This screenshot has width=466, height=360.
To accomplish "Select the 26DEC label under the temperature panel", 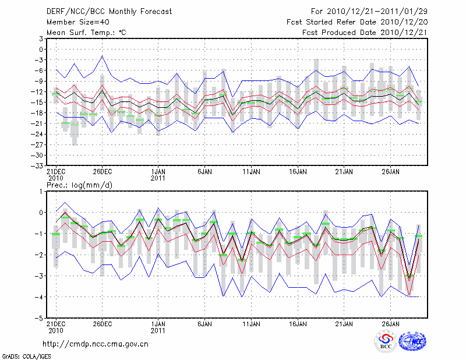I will [102, 172].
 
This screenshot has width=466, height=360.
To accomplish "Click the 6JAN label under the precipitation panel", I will [204, 323].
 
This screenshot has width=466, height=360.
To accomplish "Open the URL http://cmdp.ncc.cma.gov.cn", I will [96, 344].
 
